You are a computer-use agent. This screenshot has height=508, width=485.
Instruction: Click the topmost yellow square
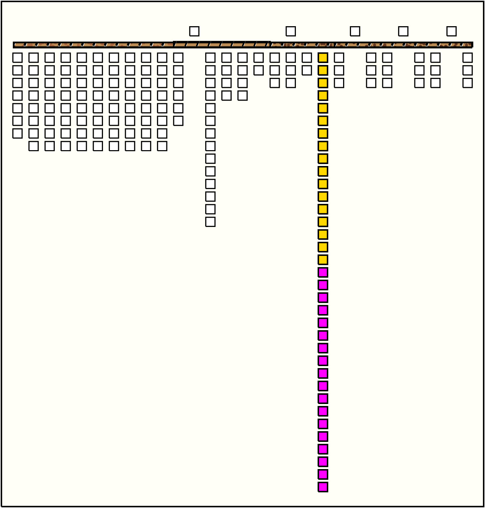[323, 58]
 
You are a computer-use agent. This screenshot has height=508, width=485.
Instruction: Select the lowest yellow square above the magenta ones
[323, 260]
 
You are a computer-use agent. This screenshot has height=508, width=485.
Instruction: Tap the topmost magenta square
[323, 272]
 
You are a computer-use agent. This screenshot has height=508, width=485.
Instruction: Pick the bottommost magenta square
[323, 487]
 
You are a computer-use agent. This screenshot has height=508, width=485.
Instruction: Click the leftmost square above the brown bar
[194, 31]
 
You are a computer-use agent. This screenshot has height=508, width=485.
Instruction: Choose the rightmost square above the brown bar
[452, 31]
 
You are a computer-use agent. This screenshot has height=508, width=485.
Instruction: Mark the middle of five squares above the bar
[355, 31]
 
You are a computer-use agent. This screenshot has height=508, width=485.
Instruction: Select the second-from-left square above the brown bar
[291, 31]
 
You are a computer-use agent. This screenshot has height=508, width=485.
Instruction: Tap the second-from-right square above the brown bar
[403, 31]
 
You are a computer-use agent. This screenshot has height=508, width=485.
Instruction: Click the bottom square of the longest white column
[210, 222]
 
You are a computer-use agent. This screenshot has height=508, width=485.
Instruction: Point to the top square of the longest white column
[210, 58]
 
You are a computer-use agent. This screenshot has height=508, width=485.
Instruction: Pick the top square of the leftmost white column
[18, 58]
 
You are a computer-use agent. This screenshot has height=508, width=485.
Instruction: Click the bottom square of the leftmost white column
[18, 133]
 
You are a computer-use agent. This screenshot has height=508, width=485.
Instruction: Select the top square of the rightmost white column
[467, 58]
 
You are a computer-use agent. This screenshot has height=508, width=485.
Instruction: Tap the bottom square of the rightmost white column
[467, 83]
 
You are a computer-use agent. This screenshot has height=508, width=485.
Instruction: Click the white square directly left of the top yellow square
[307, 58]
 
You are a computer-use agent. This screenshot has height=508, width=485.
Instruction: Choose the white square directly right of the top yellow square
[339, 58]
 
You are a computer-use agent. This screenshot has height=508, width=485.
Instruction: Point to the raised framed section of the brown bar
[221, 44]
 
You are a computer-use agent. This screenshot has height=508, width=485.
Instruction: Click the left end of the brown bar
[14, 45]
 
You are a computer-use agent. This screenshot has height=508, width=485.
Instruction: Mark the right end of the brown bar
[472, 45]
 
